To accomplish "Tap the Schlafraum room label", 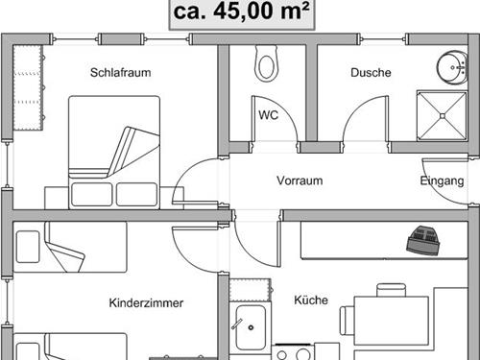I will (x=121, y=72).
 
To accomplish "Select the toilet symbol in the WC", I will (x=266, y=65).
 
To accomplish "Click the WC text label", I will (x=268, y=113).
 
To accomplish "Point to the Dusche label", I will (x=369, y=72).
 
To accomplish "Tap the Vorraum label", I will (x=299, y=180).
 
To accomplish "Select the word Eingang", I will (x=443, y=180).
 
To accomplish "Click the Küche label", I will (x=311, y=300).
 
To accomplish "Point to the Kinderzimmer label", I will (x=146, y=302).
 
